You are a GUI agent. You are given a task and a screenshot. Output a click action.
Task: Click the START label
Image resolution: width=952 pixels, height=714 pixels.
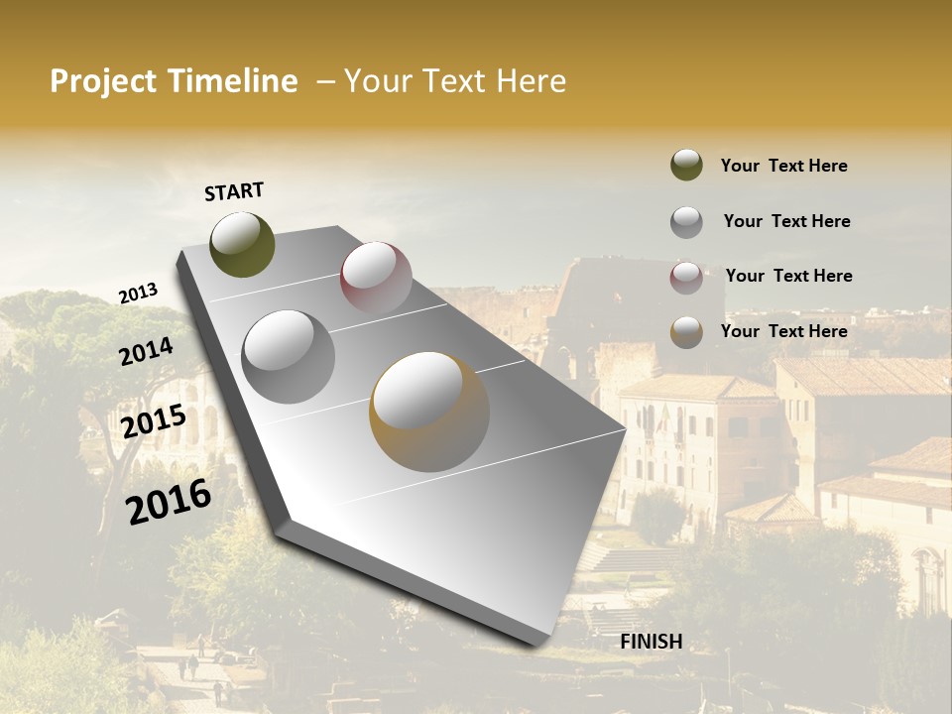click(x=234, y=191)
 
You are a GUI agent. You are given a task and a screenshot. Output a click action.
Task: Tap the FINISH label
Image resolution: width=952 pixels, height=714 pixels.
click(x=651, y=642)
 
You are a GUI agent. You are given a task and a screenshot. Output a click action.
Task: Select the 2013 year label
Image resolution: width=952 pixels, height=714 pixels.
click(x=138, y=294)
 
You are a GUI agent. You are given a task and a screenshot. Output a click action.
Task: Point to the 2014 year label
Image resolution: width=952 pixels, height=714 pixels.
click(x=147, y=352)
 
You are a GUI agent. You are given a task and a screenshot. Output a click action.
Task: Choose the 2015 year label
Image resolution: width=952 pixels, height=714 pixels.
click(x=154, y=421)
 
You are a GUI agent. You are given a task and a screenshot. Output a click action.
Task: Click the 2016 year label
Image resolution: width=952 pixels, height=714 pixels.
click(x=169, y=501)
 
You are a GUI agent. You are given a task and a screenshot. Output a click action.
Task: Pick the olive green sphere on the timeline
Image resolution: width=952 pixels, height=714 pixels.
click(x=242, y=244)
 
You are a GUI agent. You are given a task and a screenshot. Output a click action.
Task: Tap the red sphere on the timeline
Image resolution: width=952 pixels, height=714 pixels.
click(x=376, y=278)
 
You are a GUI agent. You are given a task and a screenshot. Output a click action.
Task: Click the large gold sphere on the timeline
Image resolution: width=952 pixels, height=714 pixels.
click(x=429, y=412)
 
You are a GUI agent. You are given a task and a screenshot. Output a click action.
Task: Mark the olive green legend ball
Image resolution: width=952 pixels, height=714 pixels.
click(x=686, y=165)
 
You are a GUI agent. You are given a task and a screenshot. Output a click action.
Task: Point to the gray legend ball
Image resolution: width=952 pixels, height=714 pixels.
click(x=686, y=221)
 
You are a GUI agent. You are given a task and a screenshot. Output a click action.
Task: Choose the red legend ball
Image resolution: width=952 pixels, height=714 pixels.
click(x=686, y=277)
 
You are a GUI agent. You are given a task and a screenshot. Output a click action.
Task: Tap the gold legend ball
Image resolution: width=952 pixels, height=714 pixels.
click(x=686, y=332)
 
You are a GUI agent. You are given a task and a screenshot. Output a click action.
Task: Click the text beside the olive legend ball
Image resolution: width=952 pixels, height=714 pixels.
click(x=783, y=166)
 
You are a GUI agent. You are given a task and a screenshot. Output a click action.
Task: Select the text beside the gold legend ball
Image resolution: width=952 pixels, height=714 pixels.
click(x=783, y=331)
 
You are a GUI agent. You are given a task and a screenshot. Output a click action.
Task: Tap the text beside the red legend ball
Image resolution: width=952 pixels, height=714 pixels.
click(x=788, y=276)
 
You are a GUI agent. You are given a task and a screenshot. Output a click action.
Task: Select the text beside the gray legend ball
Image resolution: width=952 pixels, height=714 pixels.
click(x=786, y=221)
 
